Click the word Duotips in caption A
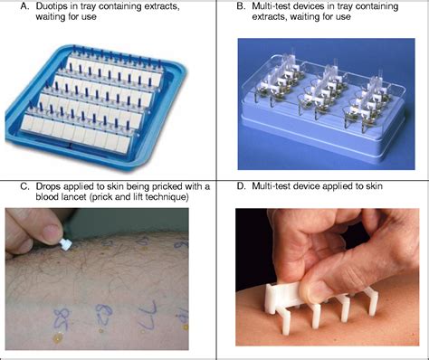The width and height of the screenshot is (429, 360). click(52, 6)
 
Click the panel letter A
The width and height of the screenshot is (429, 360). click(24, 6)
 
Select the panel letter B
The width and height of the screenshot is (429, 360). click(241, 6)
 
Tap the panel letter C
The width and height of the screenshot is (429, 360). click(24, 186)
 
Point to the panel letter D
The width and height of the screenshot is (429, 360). click(241, 186)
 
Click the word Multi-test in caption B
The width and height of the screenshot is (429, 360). click(270, 6)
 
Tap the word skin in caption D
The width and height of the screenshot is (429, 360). click(374, 186)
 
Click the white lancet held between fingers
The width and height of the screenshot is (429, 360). click(65, 244)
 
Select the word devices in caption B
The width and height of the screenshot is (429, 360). click(305, 6)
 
